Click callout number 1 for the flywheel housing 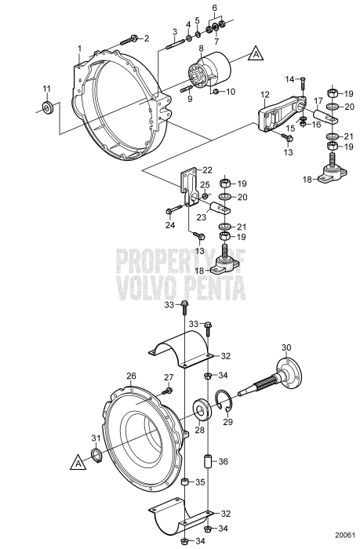(79, 49)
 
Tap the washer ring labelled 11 (47, 107)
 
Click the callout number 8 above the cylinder (202, 49)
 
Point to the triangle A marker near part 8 (255, 54)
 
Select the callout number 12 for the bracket (265, 94)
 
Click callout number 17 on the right (318, 100)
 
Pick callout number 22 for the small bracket (207, 170)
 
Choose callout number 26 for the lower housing (131, 376)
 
